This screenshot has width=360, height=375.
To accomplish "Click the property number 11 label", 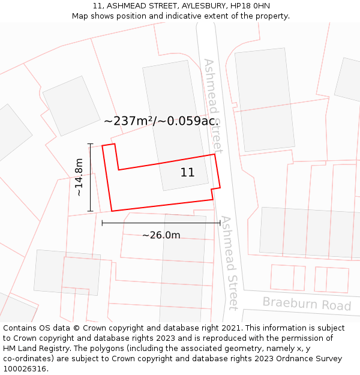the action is coord(187,173).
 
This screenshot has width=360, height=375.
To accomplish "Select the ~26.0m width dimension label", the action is coord(161,235).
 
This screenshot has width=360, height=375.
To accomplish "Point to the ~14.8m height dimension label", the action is coord(79,177).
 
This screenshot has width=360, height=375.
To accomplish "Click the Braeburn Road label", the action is coord(307,304).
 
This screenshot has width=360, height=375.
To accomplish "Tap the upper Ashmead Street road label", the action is coord(213,105).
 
